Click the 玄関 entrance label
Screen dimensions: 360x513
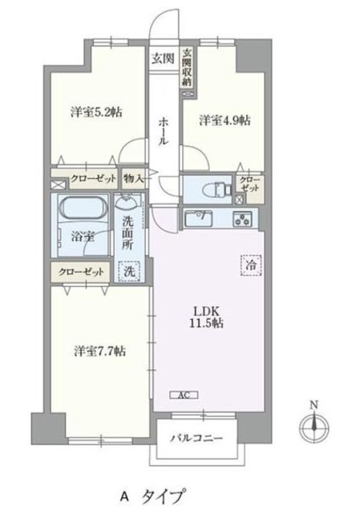(162, 59)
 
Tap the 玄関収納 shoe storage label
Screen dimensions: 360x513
(187, 67)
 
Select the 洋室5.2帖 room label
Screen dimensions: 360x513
(96, 112)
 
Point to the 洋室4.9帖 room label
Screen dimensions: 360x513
(225, 120)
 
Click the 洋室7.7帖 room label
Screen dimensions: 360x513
(99, 351)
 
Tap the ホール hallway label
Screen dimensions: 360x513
(164, 131)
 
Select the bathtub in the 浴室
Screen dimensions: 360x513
(83, 207)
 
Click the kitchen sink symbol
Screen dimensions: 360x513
(198, 219)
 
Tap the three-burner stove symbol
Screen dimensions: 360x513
(242, 219)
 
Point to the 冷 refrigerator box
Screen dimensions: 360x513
(252, 265)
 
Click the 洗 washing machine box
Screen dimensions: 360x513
(130, 272)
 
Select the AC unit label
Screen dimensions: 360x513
(184, 395)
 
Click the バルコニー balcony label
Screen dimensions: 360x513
(196, 438)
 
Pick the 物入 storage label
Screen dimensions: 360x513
(133, 179)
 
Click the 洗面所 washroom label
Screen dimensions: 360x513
(128, 233)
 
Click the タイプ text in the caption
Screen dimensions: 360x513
(162, 497)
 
